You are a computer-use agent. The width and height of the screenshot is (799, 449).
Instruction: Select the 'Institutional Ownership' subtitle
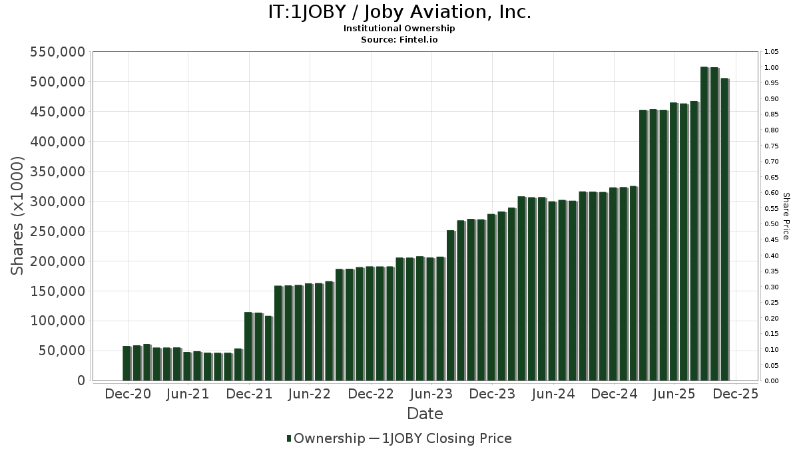pyautogui.click(x=399, y=29)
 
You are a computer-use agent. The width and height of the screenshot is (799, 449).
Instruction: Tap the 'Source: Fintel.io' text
pyautogui.click(x=399, y=39)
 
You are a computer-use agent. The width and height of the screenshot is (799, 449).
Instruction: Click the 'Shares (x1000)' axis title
pyautogui.click(x=18, y=216)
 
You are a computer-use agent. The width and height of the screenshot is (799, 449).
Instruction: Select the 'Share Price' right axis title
pyautogui.click(x=786, y=216)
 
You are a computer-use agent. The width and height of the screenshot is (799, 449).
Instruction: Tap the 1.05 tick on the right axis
pyautogui.click(x=772, y=52)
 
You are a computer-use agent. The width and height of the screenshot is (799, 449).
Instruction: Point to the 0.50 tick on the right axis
pyautogui.click(x=772, y=224)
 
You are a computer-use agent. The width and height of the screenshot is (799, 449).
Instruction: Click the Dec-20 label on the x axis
pyautogui.click(x=128, y=394)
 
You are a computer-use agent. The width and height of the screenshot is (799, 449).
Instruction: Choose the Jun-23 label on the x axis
pyautogui.click(x=431, y=394)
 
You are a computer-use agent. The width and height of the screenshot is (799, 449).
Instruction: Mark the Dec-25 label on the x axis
pyautogui.click(x=735, y=394)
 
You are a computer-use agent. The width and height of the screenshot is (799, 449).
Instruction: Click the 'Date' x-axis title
pyautogui.click(x=425, y=414)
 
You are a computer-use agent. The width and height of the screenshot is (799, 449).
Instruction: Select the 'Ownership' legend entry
pyautogui.click(x=325, y=438)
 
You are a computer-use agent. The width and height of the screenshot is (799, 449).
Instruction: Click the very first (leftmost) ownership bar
pyautogui.click(x=126, y=363)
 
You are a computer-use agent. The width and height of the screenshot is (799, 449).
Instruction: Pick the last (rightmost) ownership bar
pyautogui.click(x=724, y=229)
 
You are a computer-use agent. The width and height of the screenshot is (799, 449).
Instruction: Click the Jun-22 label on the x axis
pyautogui.click(x=310, y=394)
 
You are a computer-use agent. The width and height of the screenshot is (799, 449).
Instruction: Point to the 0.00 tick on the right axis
pyautogui.click(x=772, y=380)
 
